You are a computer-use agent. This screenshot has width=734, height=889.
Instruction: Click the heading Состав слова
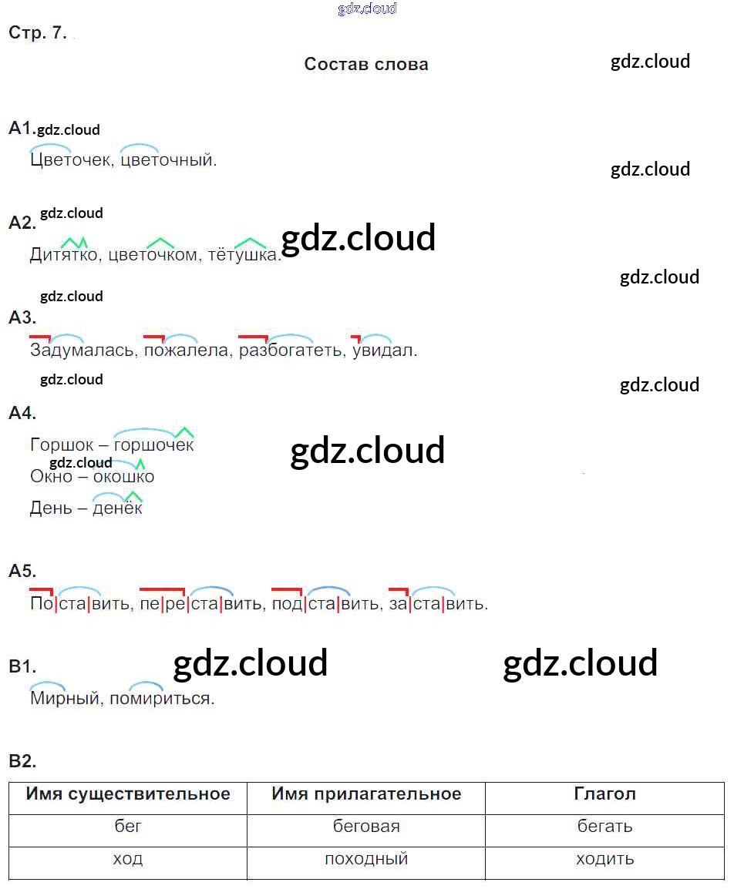click(x=366, y=64)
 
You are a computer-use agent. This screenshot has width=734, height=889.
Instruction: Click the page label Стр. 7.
click(x=38, y=33)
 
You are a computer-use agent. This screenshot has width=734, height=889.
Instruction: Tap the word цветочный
click(x=169, y=160)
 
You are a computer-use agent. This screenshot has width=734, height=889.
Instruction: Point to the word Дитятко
click(x=64, y=255)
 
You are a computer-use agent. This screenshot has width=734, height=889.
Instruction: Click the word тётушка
click(x=244, y=255)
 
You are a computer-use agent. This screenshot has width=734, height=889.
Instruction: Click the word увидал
click(x=384, y=351)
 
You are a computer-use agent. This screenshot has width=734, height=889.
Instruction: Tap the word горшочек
click(x=153, y=445)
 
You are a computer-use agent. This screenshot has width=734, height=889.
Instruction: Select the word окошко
click(x=123, y=477)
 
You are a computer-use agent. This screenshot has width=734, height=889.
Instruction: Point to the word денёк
click(x=117, y=508)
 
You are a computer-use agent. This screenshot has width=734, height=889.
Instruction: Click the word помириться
click(x=162, y=699)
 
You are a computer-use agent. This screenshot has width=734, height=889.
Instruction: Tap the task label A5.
click(x=22, y=572)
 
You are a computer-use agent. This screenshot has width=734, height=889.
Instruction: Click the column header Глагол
click(x=605, y=794)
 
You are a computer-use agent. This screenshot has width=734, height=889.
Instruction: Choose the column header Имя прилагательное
click(x=366, y=794)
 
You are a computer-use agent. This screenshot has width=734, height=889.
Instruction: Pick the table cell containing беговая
click(x=366, y=827)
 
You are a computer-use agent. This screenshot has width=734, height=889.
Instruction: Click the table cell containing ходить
click(x=605, y=859)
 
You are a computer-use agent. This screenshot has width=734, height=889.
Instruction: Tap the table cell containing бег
click(x=128, y=827)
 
